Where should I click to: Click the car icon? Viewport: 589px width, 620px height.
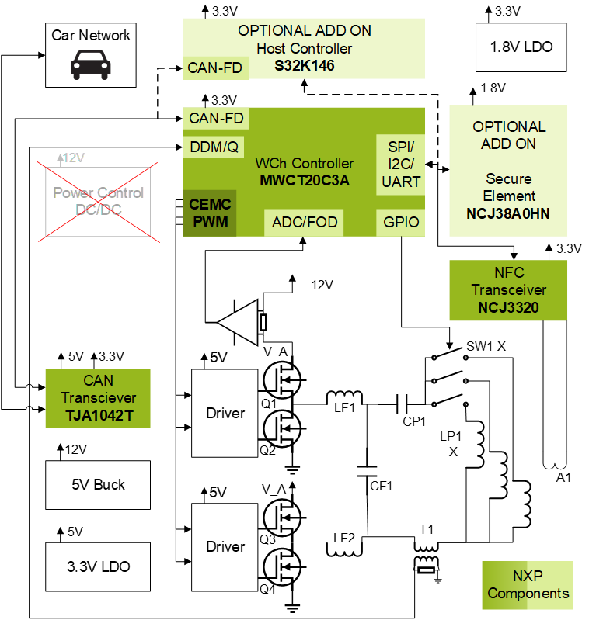[x=91, y=65]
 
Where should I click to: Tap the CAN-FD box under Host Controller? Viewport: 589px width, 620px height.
[x=215, y=68]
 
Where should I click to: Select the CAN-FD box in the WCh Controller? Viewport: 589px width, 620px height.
[x=217, y=119]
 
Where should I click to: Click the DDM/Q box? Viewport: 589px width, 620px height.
[x=214, y=147]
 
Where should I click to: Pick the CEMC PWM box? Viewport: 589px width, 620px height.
[x=210, y=213]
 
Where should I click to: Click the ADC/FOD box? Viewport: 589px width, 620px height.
[x=305, y=223]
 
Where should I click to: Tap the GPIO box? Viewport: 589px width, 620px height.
[x=401, y=223]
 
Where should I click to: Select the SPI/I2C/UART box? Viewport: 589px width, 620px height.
[x=401, y=165]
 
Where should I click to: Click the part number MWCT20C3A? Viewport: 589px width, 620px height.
[x=305, y=181]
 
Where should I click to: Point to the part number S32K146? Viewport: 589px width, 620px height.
[x=305, y=66]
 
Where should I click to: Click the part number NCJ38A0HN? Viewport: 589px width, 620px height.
[x=509, y=213]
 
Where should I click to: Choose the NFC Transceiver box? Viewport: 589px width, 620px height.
[x=508, y=290]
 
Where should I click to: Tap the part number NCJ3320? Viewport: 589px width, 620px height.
[x=509, y=308]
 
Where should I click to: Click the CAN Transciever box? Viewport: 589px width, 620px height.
[x=98, y=397]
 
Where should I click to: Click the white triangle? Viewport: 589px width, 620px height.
[x=241, y=323]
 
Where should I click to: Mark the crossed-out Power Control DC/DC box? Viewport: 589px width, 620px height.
[x=98, y=201]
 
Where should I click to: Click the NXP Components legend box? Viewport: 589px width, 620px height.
[x=528, y=585]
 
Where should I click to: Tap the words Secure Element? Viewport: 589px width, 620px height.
[x=509, y=187]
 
